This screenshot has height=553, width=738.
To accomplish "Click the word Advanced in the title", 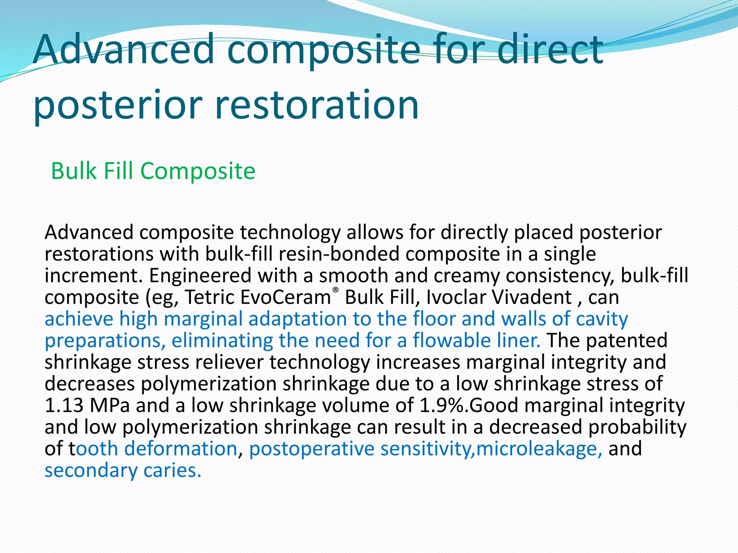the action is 124,49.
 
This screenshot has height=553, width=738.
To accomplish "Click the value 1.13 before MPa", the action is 64,405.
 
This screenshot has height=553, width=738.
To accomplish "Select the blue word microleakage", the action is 539,449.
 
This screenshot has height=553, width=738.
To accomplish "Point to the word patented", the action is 627,341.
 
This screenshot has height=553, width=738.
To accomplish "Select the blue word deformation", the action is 181,449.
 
